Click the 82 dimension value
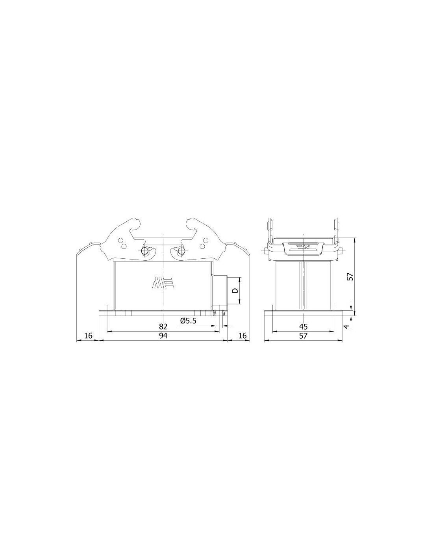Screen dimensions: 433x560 (163, 326)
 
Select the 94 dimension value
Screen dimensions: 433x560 (163, 336)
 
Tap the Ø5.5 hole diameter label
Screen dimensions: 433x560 (188, 321)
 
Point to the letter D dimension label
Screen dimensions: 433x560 (235, 291)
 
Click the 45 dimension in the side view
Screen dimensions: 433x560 (303, 326)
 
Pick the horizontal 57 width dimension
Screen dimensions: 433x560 (303, 336)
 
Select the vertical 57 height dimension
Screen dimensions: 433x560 (350, 276)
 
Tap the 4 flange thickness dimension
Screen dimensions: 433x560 (347, 326)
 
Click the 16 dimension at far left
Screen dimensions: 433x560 (88, 336)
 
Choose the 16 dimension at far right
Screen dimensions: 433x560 (242, 336)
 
